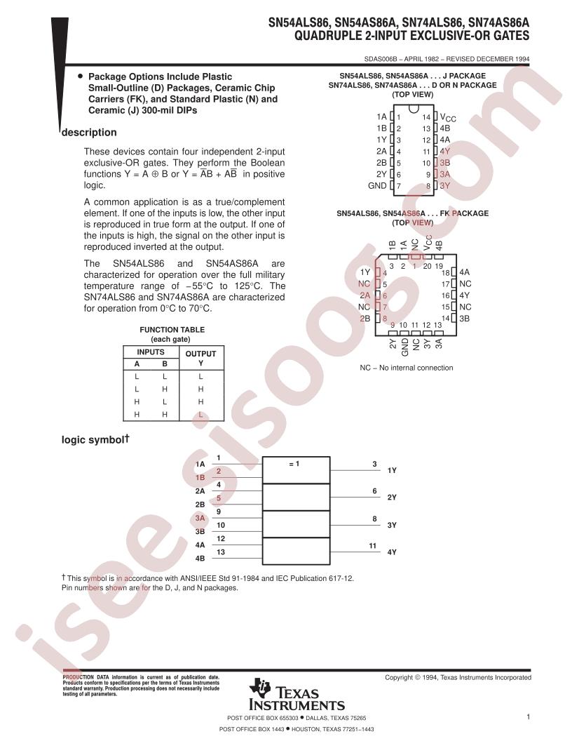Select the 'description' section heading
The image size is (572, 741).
coord(89,133)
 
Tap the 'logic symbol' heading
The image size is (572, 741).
coord(95,439)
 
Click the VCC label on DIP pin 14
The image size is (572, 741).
coord(448,117)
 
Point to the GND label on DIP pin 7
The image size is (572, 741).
coord(377,186)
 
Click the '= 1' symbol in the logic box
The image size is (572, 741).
coord(294,464)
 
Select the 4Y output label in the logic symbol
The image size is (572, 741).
coord(392,552)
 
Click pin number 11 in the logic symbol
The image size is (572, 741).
coord(373,546)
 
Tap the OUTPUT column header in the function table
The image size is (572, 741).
coord(200,354)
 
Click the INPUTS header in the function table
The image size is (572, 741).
coord(151,352)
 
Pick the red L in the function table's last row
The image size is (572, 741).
coord(200,415)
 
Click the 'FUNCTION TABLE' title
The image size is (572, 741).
coord(172,330)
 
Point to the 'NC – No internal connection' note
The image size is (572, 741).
coord(407,368)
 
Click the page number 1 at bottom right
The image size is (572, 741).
coord(528,717)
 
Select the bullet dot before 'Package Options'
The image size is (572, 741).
coord(80,76)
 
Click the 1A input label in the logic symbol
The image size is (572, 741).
coord(200,465)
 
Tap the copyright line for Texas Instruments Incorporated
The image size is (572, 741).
coord(458,677)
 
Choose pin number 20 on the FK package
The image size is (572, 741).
coord(427,266)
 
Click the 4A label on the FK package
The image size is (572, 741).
coord(464,272)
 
